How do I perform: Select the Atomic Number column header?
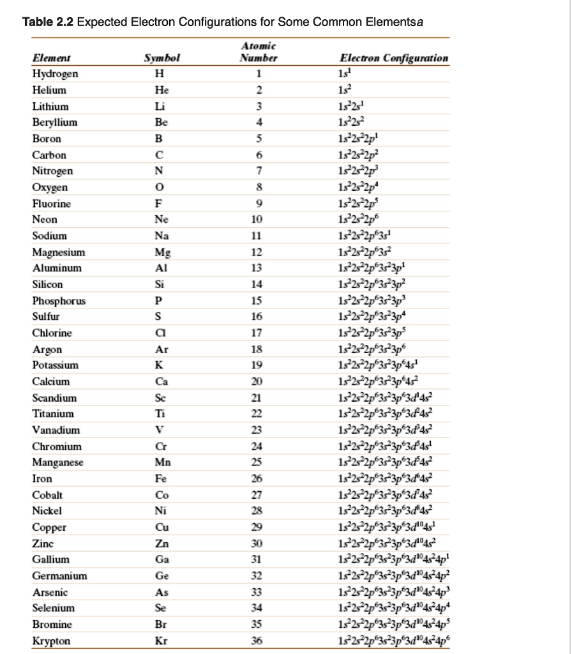(259, 52)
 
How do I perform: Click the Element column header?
(52, 57)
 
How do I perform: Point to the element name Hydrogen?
(56, 73)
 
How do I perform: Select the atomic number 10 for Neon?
(257, 219)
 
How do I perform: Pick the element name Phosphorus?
(59, 300)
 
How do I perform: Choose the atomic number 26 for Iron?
(257, 478)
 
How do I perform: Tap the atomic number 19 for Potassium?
(257, 365)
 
